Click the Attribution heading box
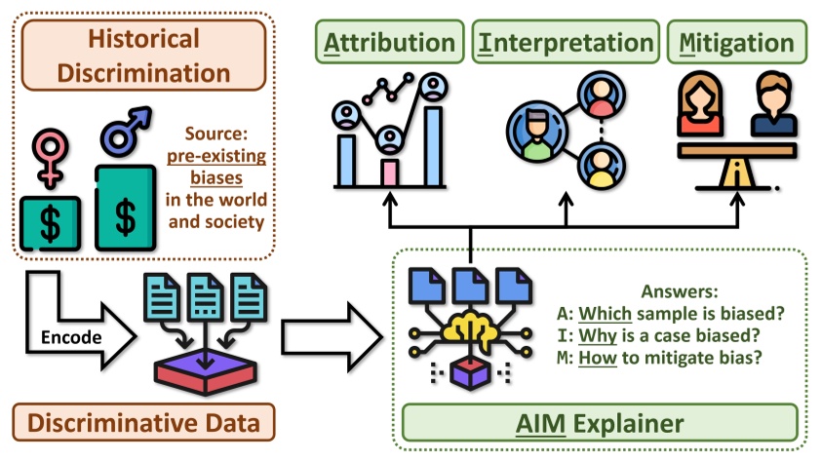pos(388,43)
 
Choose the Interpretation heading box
pos(565,43)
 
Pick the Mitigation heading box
pos(737,43)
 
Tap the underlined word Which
pos(606,314)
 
